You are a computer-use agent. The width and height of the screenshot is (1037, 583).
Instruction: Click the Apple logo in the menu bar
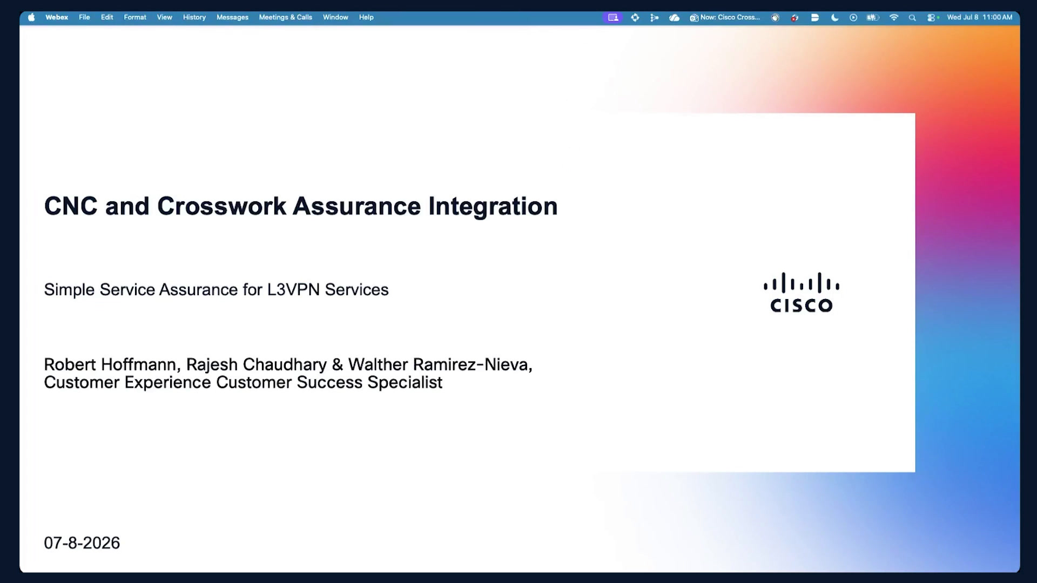[31, 17]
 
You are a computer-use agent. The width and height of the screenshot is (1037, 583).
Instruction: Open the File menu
[84, 17]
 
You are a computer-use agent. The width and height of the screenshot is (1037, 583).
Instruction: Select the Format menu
[135, 17]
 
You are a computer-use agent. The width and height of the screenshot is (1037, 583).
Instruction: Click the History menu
[194, 17]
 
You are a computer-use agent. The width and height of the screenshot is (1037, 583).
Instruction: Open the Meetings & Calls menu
[286, 17]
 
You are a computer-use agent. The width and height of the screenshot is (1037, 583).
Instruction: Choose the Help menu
[366, 17]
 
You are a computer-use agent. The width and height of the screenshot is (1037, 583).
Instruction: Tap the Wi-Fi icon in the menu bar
[894, 17]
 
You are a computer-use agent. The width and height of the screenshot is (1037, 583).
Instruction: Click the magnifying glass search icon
[912, 18]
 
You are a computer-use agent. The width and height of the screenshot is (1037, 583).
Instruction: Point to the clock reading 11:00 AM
[997, 17]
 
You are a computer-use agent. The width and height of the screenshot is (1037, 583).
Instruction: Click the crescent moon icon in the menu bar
[834, 17]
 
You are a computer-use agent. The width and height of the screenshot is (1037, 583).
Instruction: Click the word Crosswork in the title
[221, 206]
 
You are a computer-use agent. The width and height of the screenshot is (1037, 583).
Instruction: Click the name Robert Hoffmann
[110, 365]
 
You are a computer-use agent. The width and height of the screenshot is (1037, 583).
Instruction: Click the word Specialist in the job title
[405, 383]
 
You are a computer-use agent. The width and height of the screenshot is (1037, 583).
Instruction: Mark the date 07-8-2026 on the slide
[82, 543]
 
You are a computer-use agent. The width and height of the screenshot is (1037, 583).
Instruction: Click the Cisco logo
[802, 293]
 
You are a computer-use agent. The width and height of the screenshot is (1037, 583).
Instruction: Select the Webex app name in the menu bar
[57, 17]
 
